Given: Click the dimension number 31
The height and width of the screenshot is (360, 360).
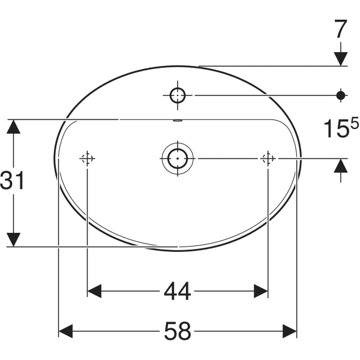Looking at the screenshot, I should (x=13, y=180).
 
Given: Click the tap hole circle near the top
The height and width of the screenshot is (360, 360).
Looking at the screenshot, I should (x=178, y=95).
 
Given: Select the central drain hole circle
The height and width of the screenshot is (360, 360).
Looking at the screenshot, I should (x=178, y=158).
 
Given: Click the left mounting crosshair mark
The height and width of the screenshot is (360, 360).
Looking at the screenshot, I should (x=88, y=158).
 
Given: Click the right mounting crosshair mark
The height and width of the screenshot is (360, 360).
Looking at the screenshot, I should (x=268, y=158).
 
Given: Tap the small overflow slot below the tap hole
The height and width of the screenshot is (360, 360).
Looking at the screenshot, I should (x=178, y=121).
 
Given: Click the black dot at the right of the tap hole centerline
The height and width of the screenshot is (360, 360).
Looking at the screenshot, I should (x=341, y=95).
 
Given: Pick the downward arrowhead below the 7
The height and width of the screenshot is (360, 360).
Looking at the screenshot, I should (x=341, y=58).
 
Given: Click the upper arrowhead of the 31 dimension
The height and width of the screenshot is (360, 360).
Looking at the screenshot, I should (x=14, y=127).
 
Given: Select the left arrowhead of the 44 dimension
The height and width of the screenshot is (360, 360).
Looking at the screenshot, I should (x=95, y=292).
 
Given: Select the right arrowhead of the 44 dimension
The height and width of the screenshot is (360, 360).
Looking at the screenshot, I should (x=260, y=292).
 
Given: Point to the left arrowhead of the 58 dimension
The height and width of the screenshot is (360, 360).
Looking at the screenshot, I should (x=65, y=331).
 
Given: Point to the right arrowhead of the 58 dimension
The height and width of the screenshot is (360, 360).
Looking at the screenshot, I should (x=290, y=331).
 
